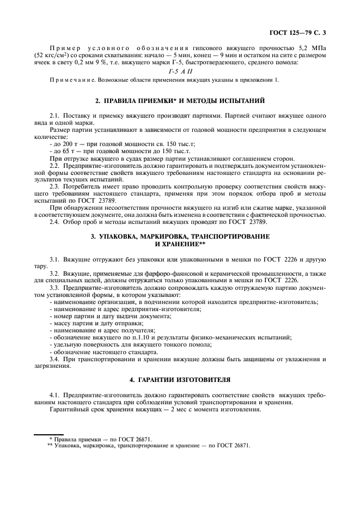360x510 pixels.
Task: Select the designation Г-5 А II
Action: (x=180, y=72)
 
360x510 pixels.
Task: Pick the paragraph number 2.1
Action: (x=54, y=116)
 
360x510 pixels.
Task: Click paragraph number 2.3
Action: (x=54, y=186)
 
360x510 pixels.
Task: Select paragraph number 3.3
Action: (x=54, y=287)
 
